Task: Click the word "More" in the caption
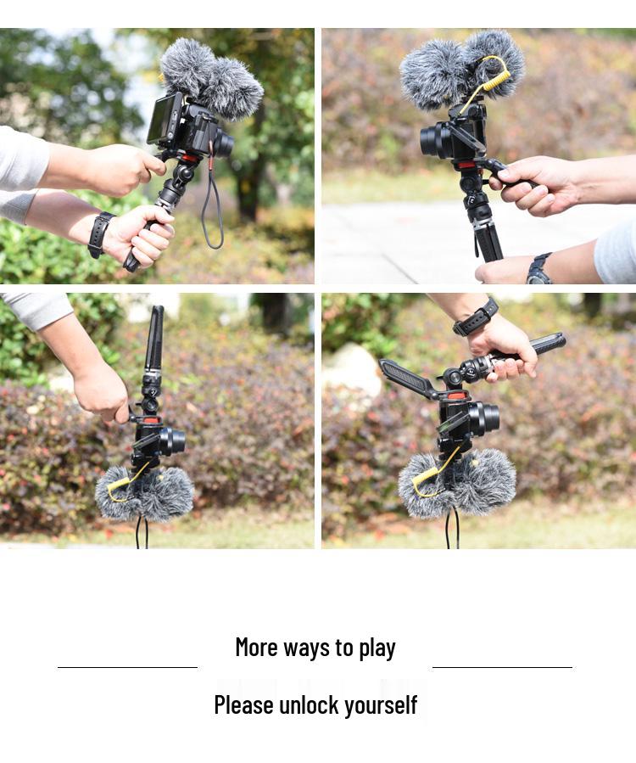pyautogui.click(x=255, y=648)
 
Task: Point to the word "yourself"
pyautogui.click(x=382, y=705)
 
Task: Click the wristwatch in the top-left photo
pyautogui.click(x=100, y=233)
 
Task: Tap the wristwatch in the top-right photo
pyautogui.click(x=538, y=269)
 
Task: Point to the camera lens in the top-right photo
pyautogui.click(x=431, y=140)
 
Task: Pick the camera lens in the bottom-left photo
pyautogui.click(x=175, y=440)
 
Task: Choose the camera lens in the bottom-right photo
pyautogui.click(x=488, y=418)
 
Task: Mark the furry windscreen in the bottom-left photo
pyautogui.click(x=146, y=494)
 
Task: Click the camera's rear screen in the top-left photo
pyautogui.click(x=164, y=119)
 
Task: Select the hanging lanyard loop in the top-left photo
pyautogui.click(x=212, y=212)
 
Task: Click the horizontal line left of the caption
pyautogui.click(x=127, y=667)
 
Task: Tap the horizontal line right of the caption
pyautogui.click(x=502, y=667)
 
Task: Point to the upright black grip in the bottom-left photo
pyautogui.click(x=154, y=339)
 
